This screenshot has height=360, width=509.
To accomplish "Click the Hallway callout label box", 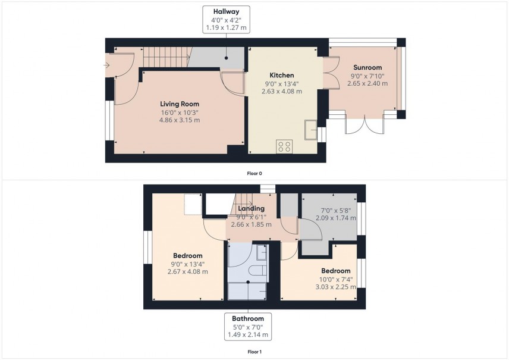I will (x=226, y=20).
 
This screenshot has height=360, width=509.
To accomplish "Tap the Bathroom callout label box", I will (x=248, y=327).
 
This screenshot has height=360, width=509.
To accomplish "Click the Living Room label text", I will (x=179, y=104).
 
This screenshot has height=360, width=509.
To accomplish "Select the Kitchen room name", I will (x=282, y=76).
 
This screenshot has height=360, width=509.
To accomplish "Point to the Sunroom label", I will (x=367, y=68).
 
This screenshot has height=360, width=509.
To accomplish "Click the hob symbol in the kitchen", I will (x=284, y=146).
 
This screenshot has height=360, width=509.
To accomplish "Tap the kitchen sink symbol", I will (x=310, y=129).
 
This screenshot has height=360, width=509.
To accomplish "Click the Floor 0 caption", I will (x=254, y=174).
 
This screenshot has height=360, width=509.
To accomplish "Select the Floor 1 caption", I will (x=254, y=352).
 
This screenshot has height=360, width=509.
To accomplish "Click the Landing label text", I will (x=252, y=209).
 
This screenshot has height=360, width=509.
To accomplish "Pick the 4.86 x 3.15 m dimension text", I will (x=179, y=120).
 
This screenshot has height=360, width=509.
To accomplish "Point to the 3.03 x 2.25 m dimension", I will (x=336, y=287).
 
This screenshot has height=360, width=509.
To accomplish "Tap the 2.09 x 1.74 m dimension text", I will (x=336, y=218).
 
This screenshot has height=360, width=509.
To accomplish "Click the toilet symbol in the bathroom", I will (x=258, y=271).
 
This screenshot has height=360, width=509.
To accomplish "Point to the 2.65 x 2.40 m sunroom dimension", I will (x=367, y=83).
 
